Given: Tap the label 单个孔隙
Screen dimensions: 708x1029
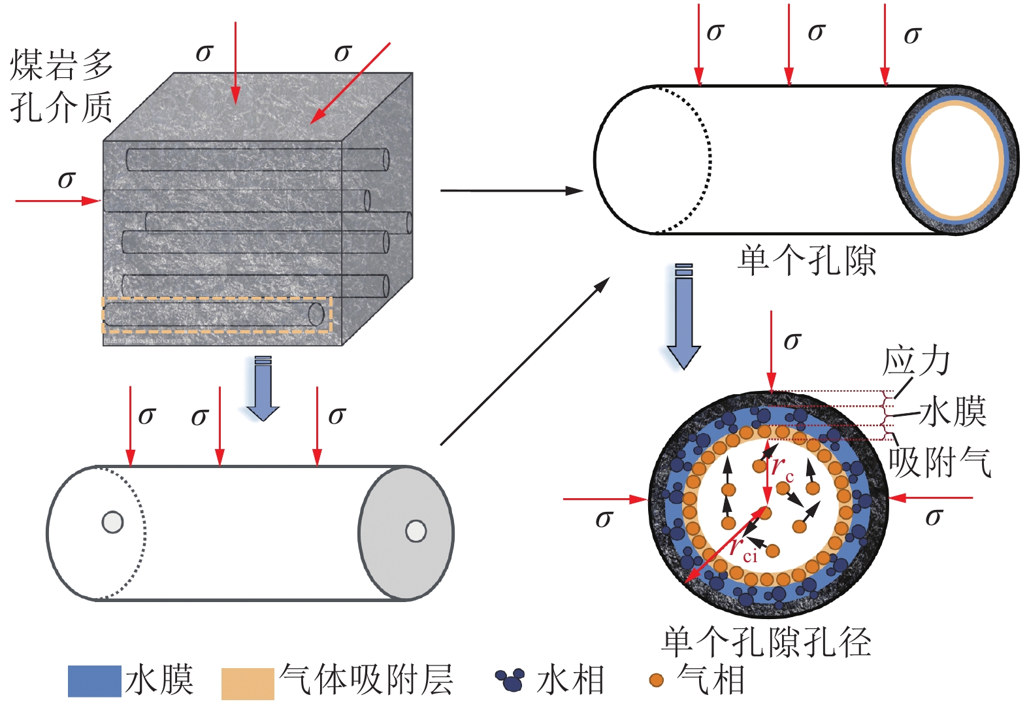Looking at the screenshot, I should point(806,261).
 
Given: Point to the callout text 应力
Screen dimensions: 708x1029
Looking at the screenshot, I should point(916,362).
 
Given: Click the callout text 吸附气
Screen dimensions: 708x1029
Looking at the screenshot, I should point(939,462).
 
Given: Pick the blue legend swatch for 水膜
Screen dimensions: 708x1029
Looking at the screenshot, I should point(94,681).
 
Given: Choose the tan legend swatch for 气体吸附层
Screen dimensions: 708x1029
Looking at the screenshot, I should point(247,683).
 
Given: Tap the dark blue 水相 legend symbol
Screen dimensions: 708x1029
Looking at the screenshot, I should point(510,680).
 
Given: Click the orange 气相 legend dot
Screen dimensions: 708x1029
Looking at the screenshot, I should point(656,680).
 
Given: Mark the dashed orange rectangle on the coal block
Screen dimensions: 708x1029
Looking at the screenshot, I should point(217,314).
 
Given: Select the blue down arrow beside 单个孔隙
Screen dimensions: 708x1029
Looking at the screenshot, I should point(683,317).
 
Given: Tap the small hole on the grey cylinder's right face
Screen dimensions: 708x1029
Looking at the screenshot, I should point(416,531).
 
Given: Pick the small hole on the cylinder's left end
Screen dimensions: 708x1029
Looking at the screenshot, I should point(112,522).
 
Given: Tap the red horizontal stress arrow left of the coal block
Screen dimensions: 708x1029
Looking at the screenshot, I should point(57,201).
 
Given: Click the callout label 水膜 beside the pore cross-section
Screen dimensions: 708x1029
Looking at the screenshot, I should point(953,412).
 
